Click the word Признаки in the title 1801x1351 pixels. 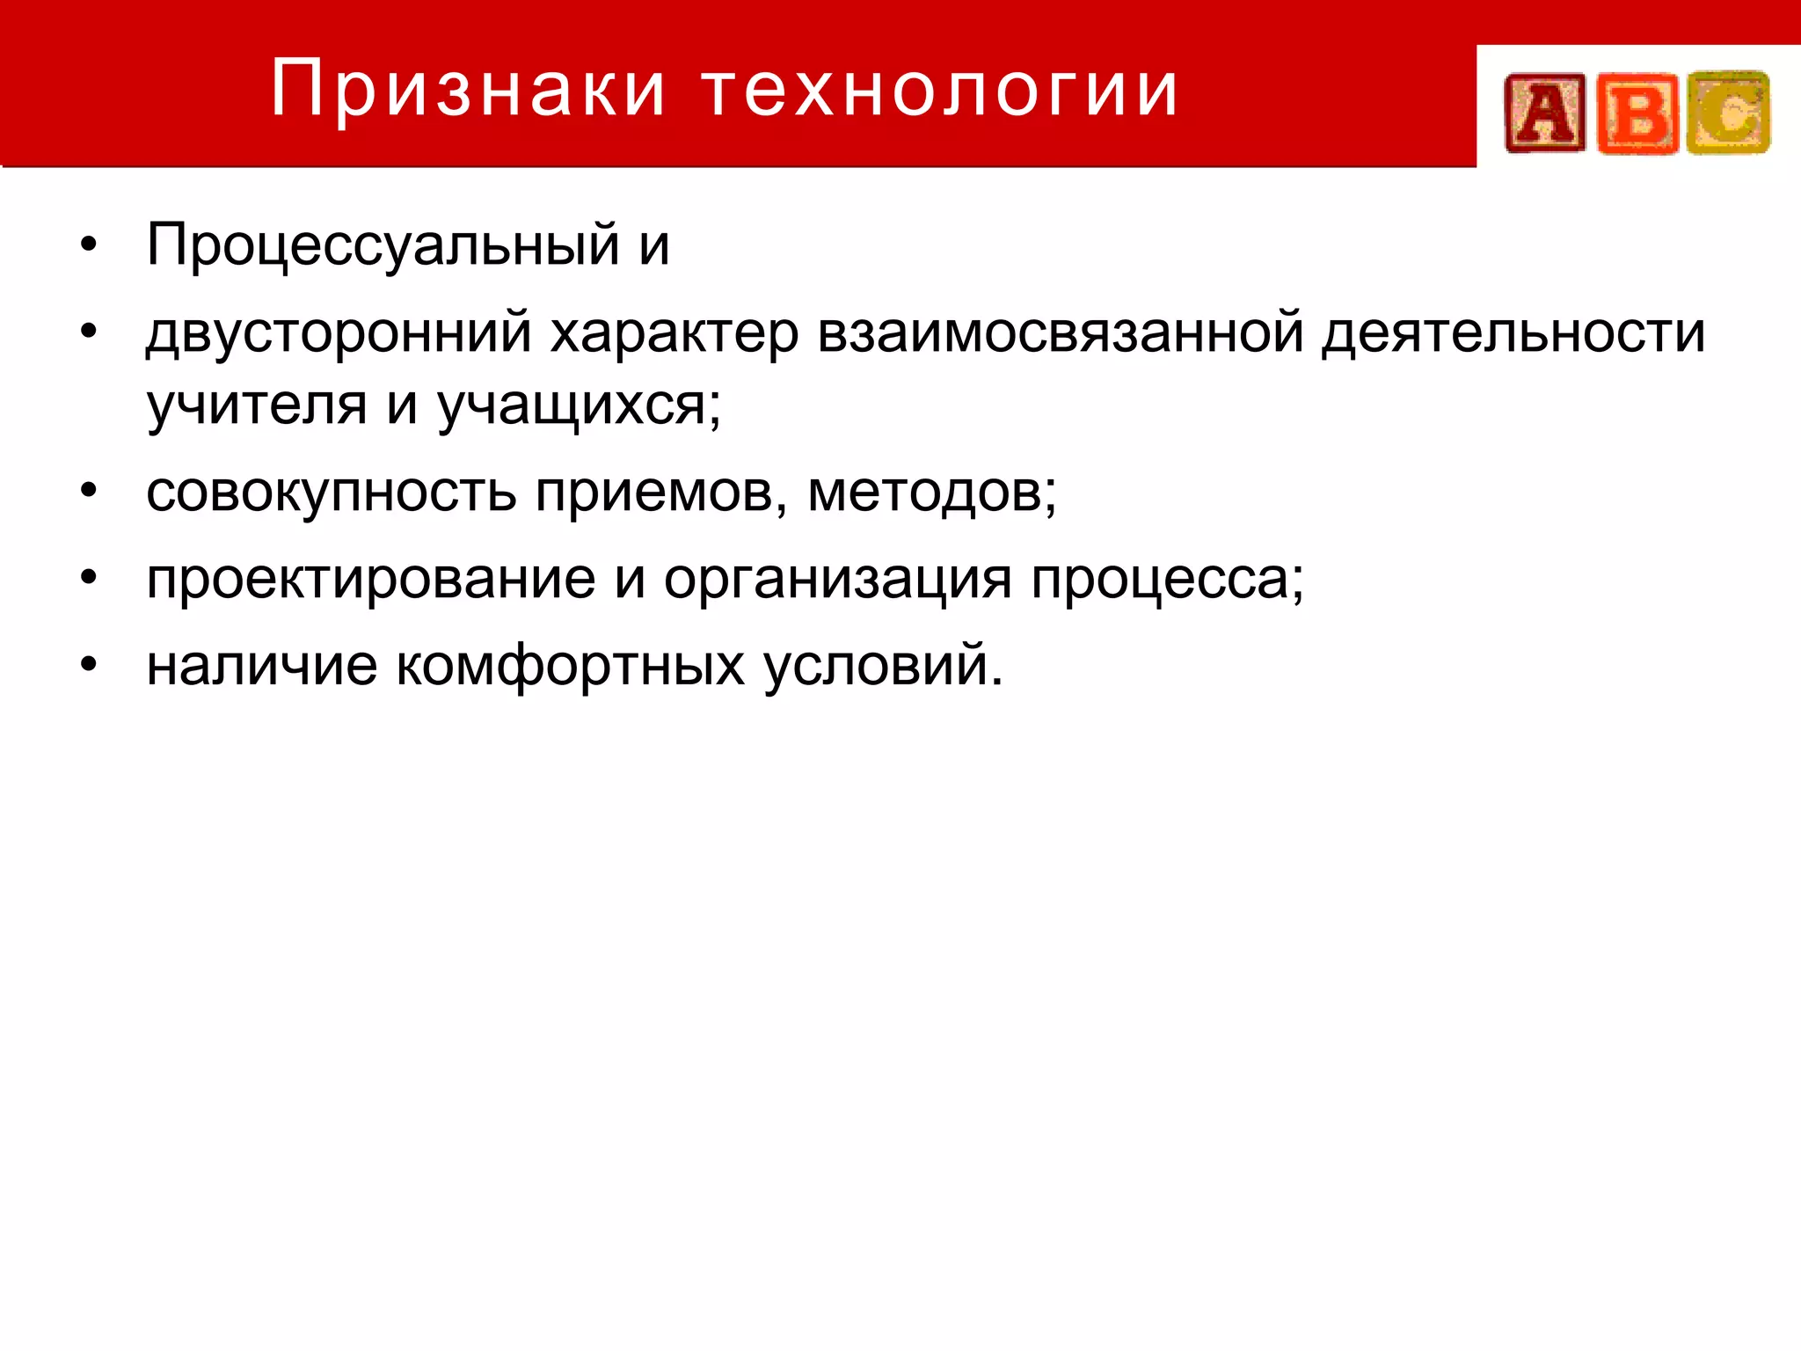467,89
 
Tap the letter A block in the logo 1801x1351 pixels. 1545,113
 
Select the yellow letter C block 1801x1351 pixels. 1729,113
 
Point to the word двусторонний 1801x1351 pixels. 339,333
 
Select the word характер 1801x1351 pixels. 674,333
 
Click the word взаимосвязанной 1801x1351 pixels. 1060,333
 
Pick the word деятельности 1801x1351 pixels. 1513,333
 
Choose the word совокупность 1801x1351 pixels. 331,492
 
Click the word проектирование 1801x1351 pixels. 370,580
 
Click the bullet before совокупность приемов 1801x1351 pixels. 88,491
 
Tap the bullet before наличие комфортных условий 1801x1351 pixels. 88,665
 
